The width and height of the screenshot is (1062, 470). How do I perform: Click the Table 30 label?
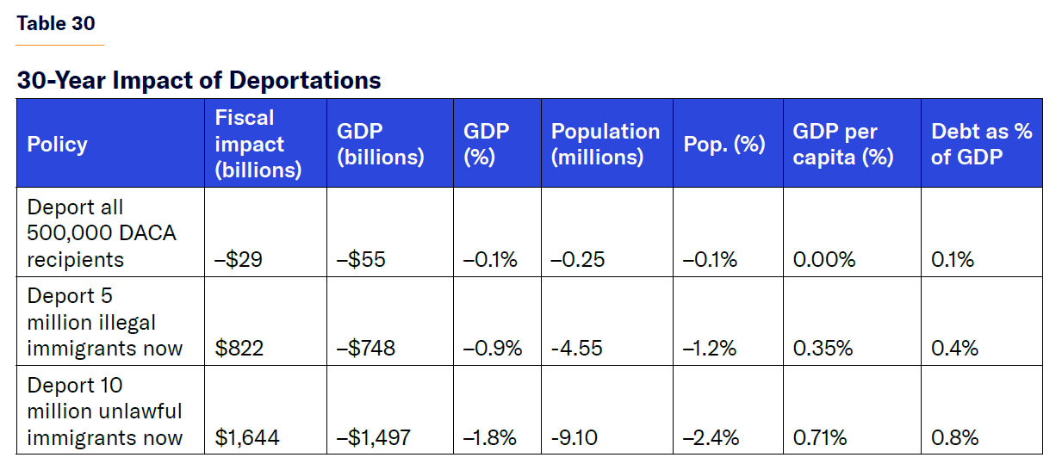[56, 23]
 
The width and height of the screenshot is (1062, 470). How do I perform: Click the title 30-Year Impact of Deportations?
[199, 80]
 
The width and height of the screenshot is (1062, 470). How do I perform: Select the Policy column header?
[58, 144]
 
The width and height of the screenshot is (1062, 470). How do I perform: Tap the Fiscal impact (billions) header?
[258, 144]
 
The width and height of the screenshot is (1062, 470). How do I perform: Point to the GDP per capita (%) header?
[842, 144]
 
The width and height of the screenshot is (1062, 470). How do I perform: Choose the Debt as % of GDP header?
[981, 144]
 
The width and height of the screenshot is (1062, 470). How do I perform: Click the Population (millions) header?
[605, 144]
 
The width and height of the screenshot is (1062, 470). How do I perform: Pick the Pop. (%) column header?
[724, 144]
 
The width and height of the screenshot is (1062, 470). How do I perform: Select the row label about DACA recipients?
[101, 233]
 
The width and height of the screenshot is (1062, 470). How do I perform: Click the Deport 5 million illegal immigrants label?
[104, 322]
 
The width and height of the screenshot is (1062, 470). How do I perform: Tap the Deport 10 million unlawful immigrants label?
[104, 411]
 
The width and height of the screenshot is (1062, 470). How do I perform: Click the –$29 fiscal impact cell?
[239, 259]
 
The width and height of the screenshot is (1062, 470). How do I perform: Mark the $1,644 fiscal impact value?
[247, 437]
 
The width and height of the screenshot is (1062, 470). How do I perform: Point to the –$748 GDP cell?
[366, 348]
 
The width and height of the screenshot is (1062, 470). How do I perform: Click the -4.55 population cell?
[577, 348]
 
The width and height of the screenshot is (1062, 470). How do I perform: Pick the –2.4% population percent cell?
[711, 437]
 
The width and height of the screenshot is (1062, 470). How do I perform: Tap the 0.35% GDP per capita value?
[823, 348]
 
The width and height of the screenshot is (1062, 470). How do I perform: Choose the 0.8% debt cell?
[954, 437]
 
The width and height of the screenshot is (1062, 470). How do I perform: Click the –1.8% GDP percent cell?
[490, 437]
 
